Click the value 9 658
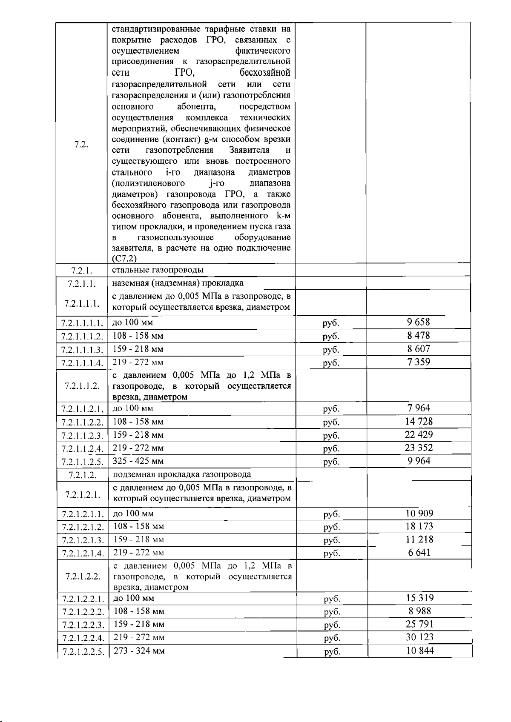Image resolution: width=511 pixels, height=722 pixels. point(418,322)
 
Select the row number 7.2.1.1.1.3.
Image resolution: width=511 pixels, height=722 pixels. point(82,350)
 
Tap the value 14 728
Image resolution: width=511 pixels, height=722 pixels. point(418,422)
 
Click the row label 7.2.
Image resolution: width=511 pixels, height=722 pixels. point(81,144)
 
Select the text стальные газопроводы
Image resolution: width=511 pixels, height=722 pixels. point(158,270)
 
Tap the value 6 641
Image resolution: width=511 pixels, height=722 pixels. point(419,553)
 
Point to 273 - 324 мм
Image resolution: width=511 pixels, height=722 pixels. point(139,651)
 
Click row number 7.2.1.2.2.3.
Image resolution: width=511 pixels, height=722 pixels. point(83,625)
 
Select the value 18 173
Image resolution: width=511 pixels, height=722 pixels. point(419,526)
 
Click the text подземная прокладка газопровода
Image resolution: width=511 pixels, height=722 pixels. point(182,474)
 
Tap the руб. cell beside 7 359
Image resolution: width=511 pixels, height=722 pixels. point(331,363)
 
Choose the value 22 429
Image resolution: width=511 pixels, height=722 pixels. point(418,435)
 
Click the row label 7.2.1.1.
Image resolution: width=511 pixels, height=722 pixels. point(81,283)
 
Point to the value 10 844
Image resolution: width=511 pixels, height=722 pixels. point(420,651)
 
